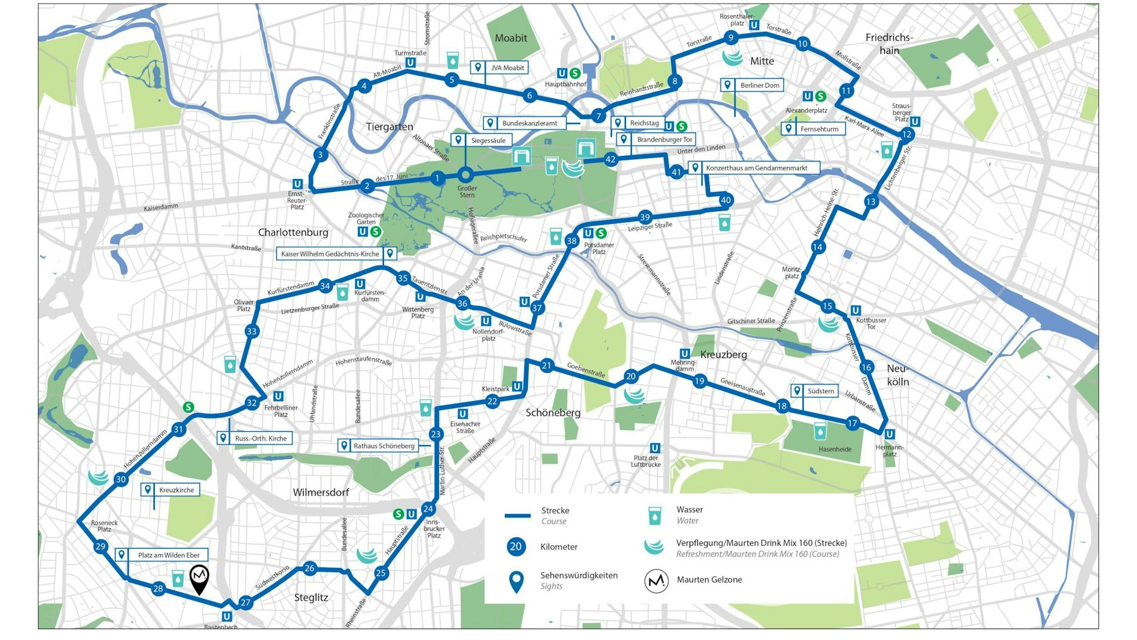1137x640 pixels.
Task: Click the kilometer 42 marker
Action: (610, 160)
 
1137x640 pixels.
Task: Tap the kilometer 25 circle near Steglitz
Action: (380, 573)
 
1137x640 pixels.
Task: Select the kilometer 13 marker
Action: (870, 201)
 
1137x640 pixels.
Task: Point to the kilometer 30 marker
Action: (121, 480)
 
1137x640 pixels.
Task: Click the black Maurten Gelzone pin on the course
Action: (200, 578)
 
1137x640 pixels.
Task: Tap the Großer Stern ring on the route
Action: (465, 175)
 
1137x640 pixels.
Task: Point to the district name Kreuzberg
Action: (723, 354)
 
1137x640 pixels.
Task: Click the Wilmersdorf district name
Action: (321, 492)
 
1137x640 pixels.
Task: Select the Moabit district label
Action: (510, 38)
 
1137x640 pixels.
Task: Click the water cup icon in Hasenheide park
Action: (820, 431)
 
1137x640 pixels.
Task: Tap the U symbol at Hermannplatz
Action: (889, 434)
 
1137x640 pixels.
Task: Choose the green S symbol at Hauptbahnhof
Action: (575, 73)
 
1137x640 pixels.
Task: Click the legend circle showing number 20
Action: (515, 547)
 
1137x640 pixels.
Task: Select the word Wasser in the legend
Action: (689, 509)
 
